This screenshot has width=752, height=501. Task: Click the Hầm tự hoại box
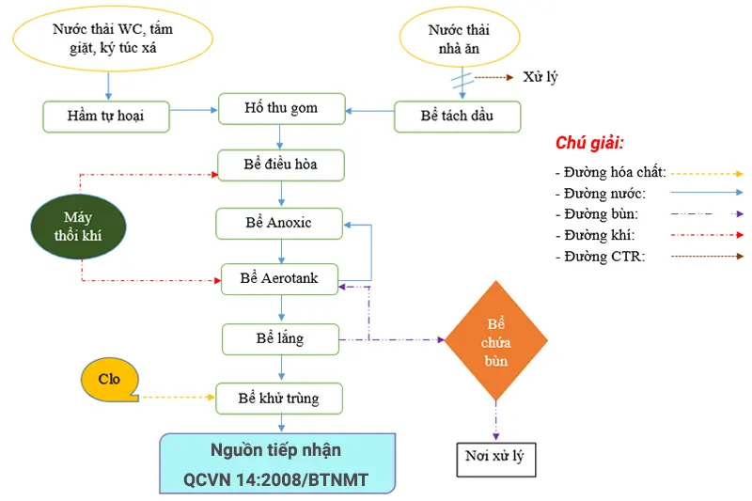tap(105, 117)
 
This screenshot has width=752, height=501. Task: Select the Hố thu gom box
tap(281, 109)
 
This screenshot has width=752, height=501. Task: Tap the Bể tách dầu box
tap(457, 117)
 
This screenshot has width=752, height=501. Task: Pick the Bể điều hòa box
tap(281, 164)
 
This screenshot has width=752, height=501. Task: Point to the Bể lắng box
tap(280, 337)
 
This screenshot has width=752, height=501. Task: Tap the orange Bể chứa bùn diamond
tap(495, 340)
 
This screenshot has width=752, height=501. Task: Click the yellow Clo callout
tap(109, 380)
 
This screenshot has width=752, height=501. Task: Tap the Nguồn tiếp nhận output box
tap(277, 463)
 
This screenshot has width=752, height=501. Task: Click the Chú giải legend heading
tap(589, 143)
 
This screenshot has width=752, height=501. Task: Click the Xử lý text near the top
tap(540, 77)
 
